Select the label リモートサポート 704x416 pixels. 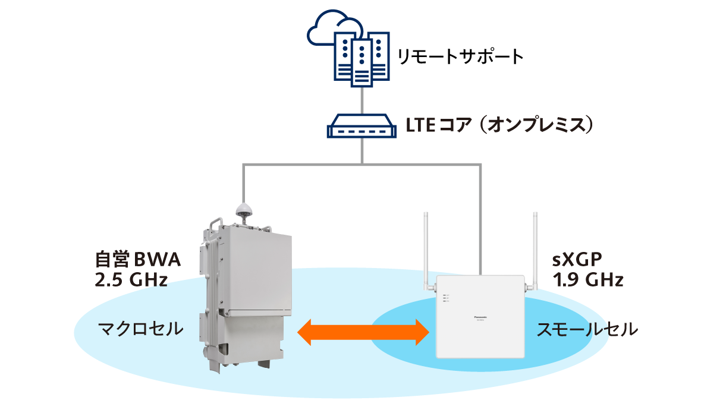pyautogui.click(x=460, y=57)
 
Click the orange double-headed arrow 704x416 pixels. pyautogui.click(x=363, y=331)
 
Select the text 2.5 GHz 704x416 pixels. pyautogui.click(x=131, y=280)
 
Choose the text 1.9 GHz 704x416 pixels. pyautogui.click(x=587, y=280)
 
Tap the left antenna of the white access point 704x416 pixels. pyautogui.click(x=426, y=250)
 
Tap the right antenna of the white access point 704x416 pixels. pyautogui.click(x=535, y=250)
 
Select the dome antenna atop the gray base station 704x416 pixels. pyautogui.click(x=243, y=209)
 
